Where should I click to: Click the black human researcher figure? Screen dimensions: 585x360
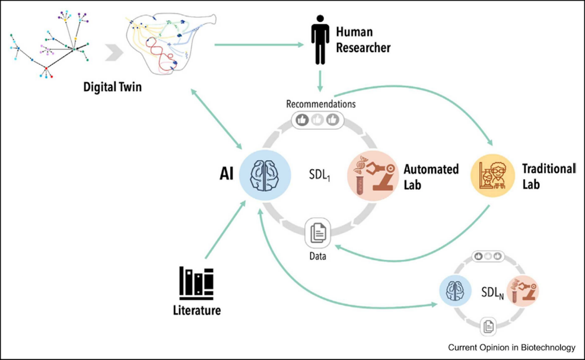[320, 40]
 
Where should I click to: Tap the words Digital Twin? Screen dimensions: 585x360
[112, 87]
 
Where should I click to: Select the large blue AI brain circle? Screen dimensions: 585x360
[265, 176]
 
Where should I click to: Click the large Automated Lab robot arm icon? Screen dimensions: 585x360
[373, 176]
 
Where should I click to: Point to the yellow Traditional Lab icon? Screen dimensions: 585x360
[492, 176]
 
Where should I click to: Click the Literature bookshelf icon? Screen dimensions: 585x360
[196, 283]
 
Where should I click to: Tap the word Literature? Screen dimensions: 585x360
[196, 310]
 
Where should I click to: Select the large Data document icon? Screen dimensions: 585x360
[318, 233]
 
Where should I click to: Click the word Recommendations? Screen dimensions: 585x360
[320, 104]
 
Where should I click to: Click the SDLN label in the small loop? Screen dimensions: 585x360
[492, 292]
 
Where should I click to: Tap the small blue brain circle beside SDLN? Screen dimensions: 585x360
[455, 290]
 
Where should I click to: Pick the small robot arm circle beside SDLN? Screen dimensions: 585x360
[523, 291]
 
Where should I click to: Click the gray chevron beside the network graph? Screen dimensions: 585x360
[114, 52]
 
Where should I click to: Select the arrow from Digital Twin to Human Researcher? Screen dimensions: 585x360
[259, 44]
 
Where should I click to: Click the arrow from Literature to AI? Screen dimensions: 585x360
[225, 230]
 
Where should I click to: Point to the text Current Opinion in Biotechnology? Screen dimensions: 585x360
[511, 348]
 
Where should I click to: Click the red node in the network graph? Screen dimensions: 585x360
[46, 69]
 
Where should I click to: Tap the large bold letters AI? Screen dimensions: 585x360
[226, 174]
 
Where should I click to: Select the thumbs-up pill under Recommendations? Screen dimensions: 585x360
[317, 120]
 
